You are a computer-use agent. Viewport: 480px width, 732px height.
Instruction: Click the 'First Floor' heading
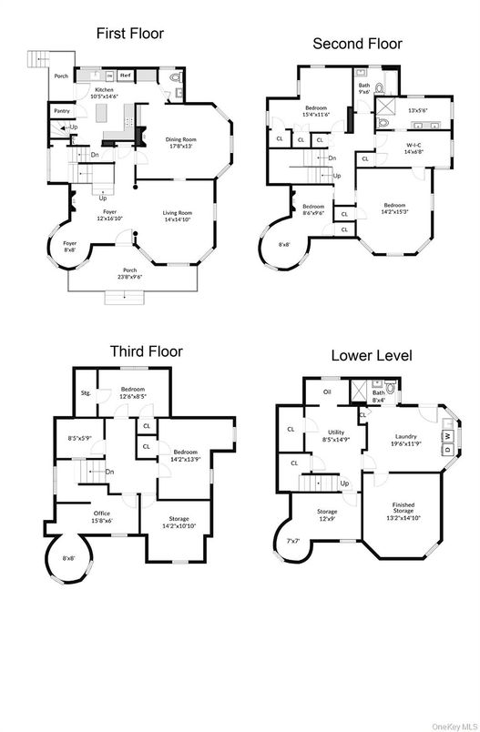click(x=130, y=34)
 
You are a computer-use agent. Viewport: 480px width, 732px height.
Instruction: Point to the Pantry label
click(x=62, y=110)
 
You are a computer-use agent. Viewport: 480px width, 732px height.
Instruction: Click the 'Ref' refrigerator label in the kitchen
click(x=125, y=76)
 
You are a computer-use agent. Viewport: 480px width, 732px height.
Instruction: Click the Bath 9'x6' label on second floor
click(x=363, y=87)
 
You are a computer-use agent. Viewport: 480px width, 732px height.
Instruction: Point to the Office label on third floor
click(x=101, y=516)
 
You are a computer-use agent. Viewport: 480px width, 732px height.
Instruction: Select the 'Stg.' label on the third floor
click(x=87, y=393)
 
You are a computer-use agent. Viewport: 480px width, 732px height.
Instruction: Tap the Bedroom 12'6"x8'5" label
click(x=133, y=392)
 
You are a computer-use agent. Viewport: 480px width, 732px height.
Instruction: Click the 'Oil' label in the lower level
click(x=326, y=392)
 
